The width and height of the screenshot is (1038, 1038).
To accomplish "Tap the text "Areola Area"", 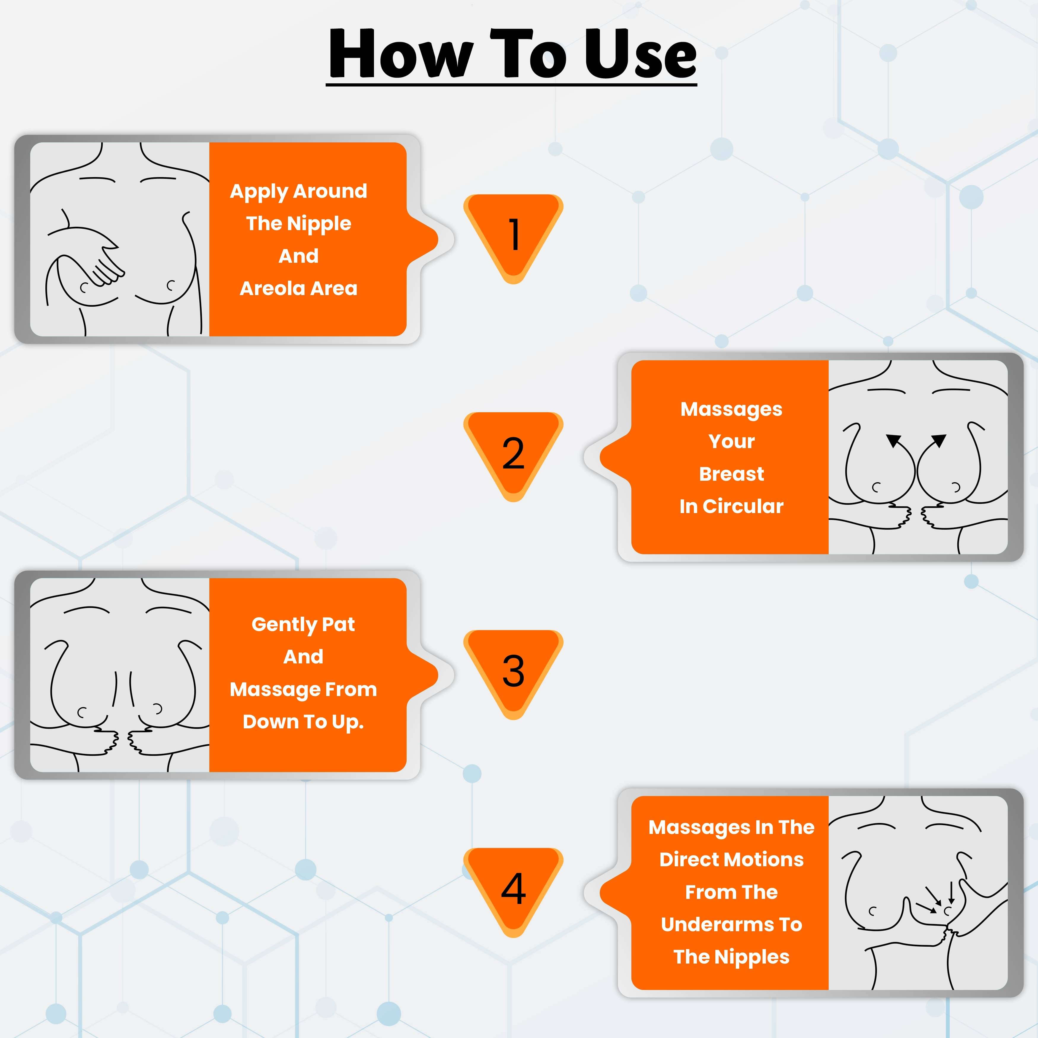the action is (299, 289).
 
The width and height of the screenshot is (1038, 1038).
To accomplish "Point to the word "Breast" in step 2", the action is (731, 474).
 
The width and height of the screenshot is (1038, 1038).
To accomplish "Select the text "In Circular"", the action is (731, 506).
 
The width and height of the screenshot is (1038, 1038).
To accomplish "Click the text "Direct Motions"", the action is (731, 859).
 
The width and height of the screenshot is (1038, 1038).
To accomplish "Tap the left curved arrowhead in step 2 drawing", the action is (894, 441).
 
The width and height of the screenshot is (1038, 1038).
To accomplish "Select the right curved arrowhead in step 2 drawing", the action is (939, 441).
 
